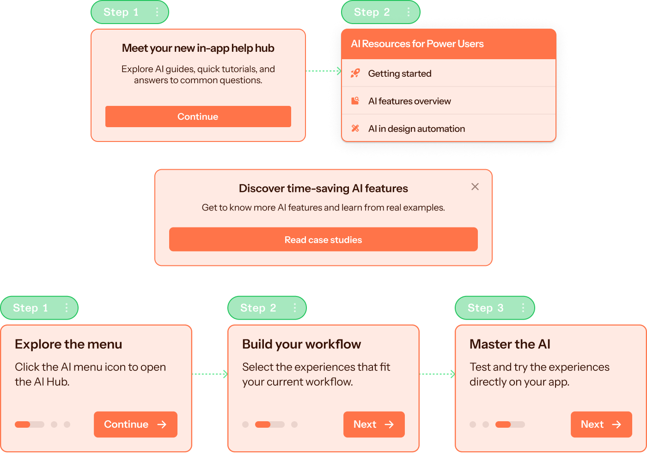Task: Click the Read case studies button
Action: (323, 240)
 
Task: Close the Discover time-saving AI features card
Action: (475, 187)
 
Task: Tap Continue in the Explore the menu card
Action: (135, 424)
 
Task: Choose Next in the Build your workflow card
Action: (374, 424)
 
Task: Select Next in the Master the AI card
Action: (601, 424)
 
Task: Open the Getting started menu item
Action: (400, 74)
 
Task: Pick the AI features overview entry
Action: (409, 101)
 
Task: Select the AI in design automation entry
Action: (416, 129)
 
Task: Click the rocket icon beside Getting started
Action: (355, 74)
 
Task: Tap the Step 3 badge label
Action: (485, 308)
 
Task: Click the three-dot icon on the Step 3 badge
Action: (523, 308)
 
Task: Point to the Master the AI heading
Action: (510, 344)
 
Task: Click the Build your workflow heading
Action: (301, 344)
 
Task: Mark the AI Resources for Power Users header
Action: (417, 44)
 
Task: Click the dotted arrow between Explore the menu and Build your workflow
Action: (210, 374)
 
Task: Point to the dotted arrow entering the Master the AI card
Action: (437, 374)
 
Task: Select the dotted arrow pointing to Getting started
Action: (323, 71)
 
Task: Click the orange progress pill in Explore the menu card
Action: (23, 424)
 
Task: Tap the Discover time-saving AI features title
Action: (323, 188)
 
